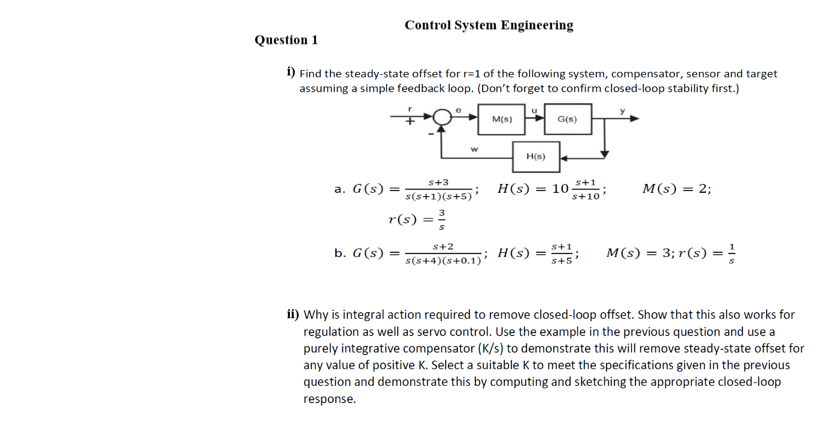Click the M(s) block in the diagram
(502, 119)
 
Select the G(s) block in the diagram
(567, 119)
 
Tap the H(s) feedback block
(536, 156)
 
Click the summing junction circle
(442, 117)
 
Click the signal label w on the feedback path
(474, 149)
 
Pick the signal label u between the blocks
(535, 109)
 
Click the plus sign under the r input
(410, 122)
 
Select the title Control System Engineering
(489, 25)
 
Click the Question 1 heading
(286, 40)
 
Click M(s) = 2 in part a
(677, 189)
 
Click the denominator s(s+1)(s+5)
(439, 197)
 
